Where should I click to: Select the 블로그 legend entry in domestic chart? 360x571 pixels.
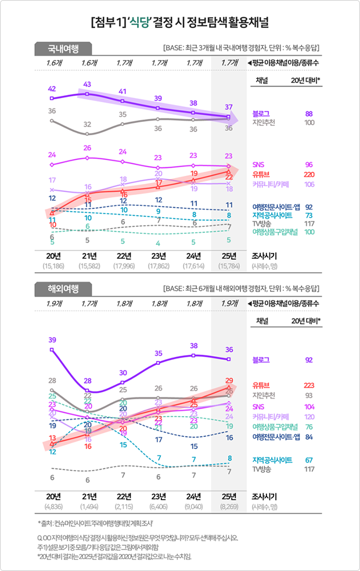[x=261, y=113]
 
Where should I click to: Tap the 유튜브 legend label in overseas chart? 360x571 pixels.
[x=261, y=385]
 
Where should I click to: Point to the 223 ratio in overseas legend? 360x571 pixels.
[x=309, y=385]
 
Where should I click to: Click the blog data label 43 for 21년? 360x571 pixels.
[x=87, y=85]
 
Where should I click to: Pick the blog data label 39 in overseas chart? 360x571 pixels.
[x=52, y=339]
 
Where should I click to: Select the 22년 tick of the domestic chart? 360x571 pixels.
[x=123, y=256]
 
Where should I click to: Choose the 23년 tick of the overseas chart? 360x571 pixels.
[x=158, y=496]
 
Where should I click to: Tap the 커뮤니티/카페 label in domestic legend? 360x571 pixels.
[x=271, y=185]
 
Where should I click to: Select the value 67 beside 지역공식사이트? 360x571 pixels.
[x=309, y=460]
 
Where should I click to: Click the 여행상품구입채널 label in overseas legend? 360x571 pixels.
[x=276, y=427]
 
